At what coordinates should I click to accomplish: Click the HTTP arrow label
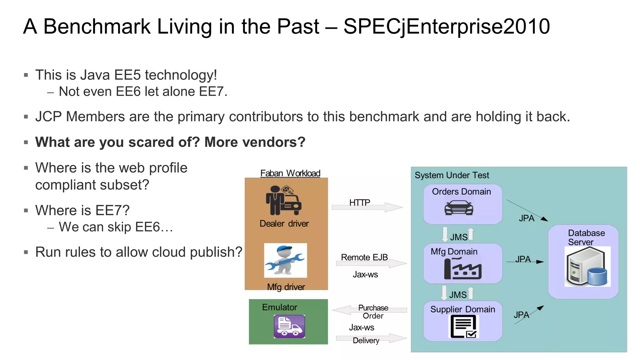[x=359, y=202]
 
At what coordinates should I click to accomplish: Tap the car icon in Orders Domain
[x=459, y=208]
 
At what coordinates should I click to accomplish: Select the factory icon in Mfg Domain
[x=462, y=269]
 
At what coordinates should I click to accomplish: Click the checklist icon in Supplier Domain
[x=464, y=326]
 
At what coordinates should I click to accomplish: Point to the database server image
[x=587, y=267]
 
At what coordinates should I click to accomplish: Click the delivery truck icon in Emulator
[x=289, y=326]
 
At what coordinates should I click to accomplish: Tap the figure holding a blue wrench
[x=285, y=260]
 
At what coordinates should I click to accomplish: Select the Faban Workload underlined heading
[x=290, y=173]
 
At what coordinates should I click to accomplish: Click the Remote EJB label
[x=364, y=257]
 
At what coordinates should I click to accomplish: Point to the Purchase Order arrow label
[x=373, y=312]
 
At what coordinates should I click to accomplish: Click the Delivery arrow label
[x=366, y=340]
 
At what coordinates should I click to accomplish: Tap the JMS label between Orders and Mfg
[x=459, y=237]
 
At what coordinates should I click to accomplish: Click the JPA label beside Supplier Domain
[x=521, y=315]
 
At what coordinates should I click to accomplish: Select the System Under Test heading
[x=452, y=175]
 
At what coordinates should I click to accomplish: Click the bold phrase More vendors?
[x=254, y=142]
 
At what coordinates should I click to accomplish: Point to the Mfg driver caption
[x=286, y=287]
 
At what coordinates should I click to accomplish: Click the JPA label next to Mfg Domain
[x=522, y=259]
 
